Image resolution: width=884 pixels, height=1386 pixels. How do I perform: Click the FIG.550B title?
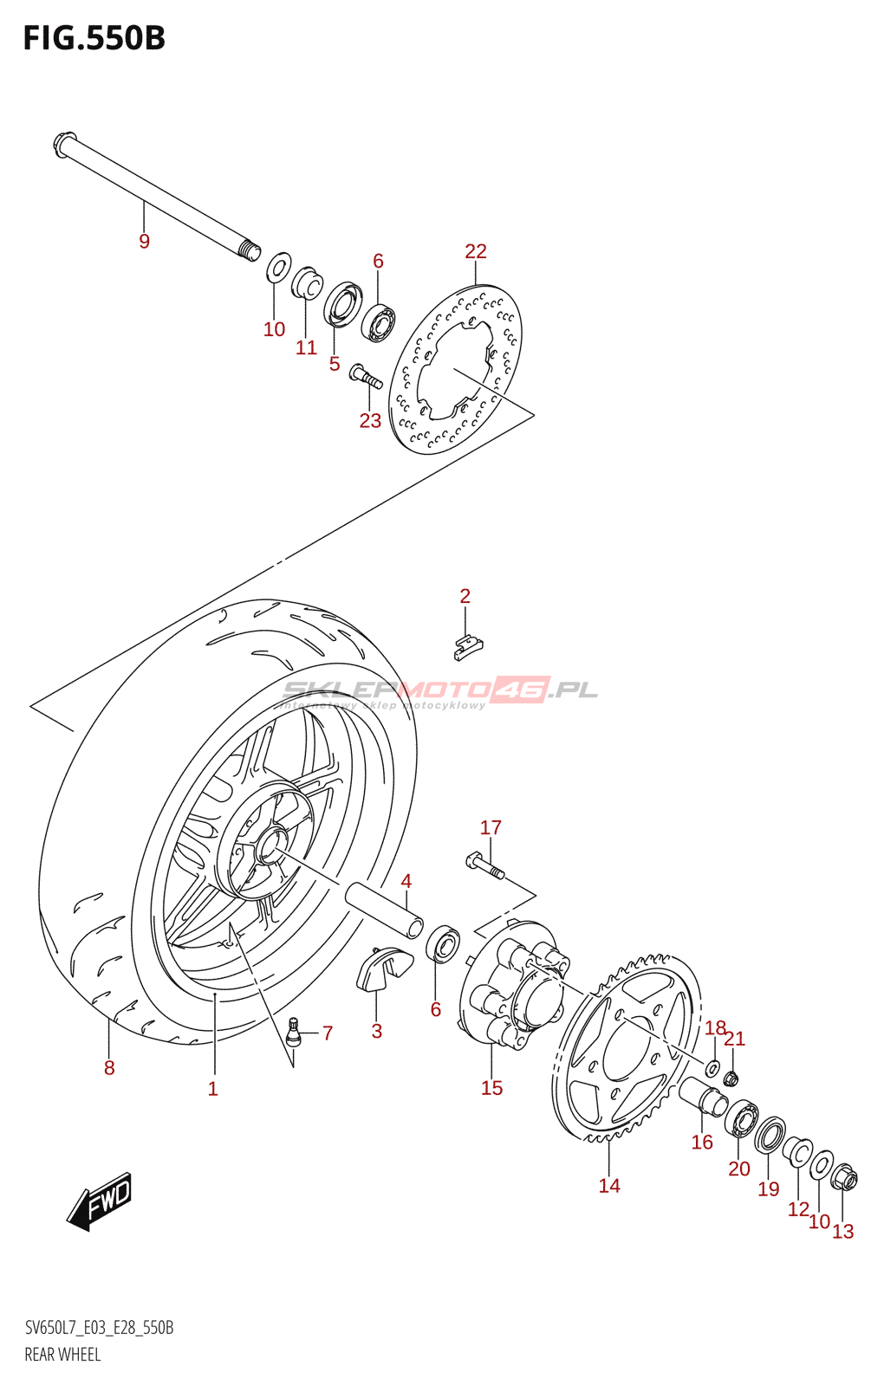94,38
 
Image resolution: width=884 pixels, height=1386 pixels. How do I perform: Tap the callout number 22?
476,251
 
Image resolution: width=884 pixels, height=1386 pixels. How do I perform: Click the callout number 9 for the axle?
144,242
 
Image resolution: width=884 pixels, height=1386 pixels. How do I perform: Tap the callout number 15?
491,1088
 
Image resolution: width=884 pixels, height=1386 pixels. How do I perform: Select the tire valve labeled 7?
293,1030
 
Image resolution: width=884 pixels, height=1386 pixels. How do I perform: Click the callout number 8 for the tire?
109,1068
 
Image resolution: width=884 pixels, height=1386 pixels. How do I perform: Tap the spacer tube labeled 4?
384,907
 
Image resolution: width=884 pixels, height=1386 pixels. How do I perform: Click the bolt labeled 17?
484,865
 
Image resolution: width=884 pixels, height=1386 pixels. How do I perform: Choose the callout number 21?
735,1039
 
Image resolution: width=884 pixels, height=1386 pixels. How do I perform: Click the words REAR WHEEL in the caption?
62,1355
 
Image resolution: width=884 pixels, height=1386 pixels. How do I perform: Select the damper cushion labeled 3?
383,968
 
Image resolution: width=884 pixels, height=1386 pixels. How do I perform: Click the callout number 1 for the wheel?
213,1089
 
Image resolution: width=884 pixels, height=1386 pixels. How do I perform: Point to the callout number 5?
335,364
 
